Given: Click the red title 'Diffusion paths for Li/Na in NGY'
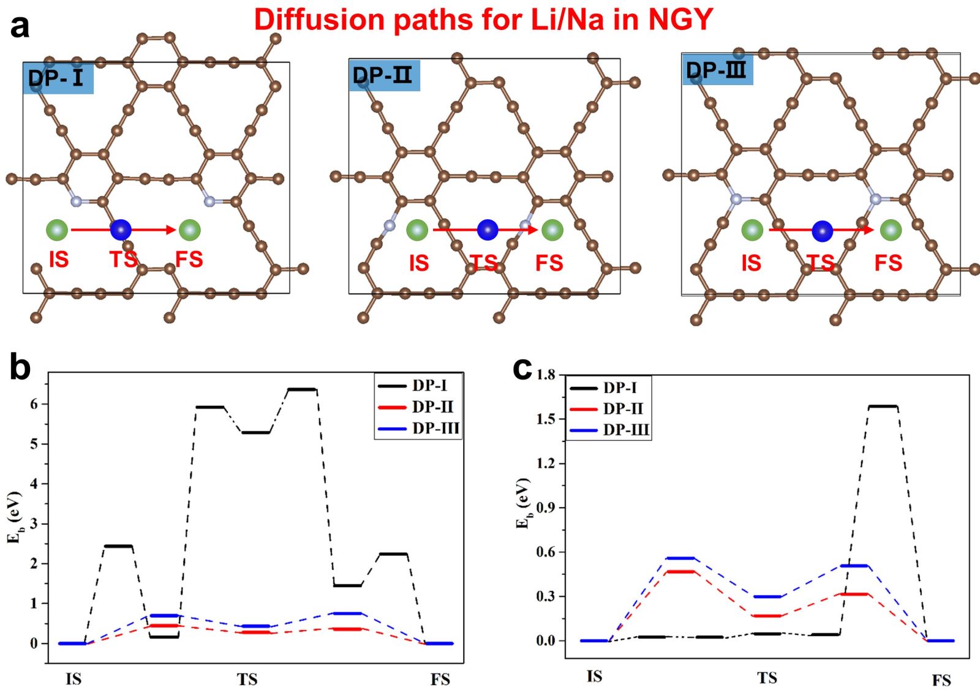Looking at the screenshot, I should [483, 20].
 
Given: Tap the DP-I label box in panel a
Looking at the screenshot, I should [58, 78].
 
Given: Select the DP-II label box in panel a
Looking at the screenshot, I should [384, 75].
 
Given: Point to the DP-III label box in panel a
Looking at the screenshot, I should [717, 70].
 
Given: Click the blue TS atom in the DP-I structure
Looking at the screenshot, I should [121, 230].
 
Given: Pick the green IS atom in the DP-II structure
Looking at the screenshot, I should [417, 230].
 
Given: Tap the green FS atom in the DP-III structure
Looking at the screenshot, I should [891, 230].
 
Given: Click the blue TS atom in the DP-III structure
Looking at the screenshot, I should [822, 231].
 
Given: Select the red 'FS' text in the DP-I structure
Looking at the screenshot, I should [189, 260].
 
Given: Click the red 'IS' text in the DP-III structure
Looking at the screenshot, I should [751, 263].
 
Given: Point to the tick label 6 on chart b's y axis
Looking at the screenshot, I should [34, 404].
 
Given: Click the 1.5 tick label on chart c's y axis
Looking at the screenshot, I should [546, 419].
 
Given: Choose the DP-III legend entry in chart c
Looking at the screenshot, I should [609, 430].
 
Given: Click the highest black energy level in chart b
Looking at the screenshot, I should [302, 389].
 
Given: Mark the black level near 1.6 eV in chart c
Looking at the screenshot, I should [883, 406].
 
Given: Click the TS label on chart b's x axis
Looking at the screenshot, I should [247, 679].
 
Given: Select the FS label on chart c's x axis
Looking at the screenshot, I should [941, 680].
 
